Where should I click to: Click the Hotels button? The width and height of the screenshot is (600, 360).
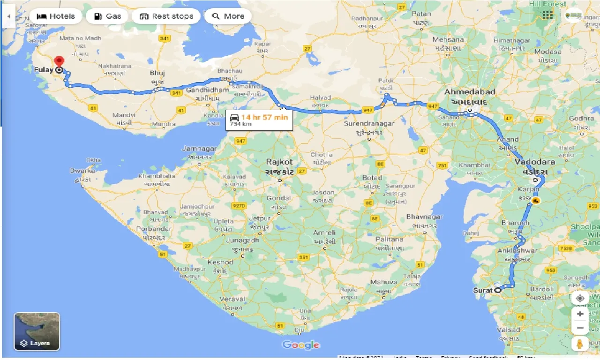pos(56,16)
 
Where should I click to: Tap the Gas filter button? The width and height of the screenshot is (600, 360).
pos(108,16)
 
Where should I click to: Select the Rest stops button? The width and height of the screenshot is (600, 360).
pos(166,16)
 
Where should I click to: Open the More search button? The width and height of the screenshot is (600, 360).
pos(228,16)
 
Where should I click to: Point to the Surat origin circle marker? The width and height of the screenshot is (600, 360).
pos(498,290)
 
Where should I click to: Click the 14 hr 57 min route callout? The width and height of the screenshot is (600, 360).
pos(259,120)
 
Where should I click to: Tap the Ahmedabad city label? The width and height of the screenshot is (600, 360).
pos(470,92)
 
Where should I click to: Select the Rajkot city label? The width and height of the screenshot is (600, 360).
pos(279,162)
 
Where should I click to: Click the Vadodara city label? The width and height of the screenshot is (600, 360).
pos(534,162)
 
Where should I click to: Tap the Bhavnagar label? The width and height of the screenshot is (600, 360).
pos(424,217)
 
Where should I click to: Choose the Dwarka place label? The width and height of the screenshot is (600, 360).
pos(82,171)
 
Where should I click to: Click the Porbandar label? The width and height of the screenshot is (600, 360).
pos(154,229)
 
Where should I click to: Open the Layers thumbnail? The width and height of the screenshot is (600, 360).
pos(37,331)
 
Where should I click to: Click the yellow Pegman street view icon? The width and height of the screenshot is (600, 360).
pos(580,345)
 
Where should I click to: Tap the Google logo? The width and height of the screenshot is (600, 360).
pos(300,345)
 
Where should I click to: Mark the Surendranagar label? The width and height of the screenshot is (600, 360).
pos(369,124)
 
